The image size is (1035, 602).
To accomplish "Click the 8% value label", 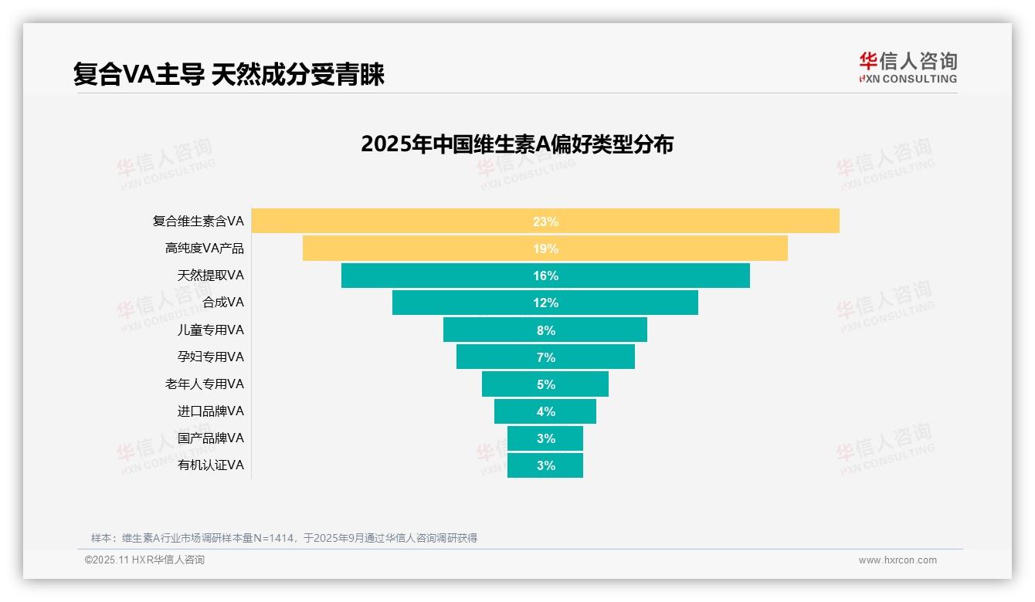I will coord(546,330).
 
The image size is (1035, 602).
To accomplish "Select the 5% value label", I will coord(546,384).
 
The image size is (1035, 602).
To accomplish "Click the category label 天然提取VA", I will coord(210,275).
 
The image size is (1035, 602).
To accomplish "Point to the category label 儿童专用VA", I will coord(210,330).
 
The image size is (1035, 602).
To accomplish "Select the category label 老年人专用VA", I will coord(204,384).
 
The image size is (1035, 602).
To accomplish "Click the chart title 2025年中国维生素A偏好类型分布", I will coord(517,144).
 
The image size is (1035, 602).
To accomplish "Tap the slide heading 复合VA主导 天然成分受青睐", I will coord(229,74).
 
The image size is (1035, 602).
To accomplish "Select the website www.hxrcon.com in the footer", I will coord(897,560).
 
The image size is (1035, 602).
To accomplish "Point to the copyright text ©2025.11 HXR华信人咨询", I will coord(144,560).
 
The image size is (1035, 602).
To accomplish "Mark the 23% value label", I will coord(545,222).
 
